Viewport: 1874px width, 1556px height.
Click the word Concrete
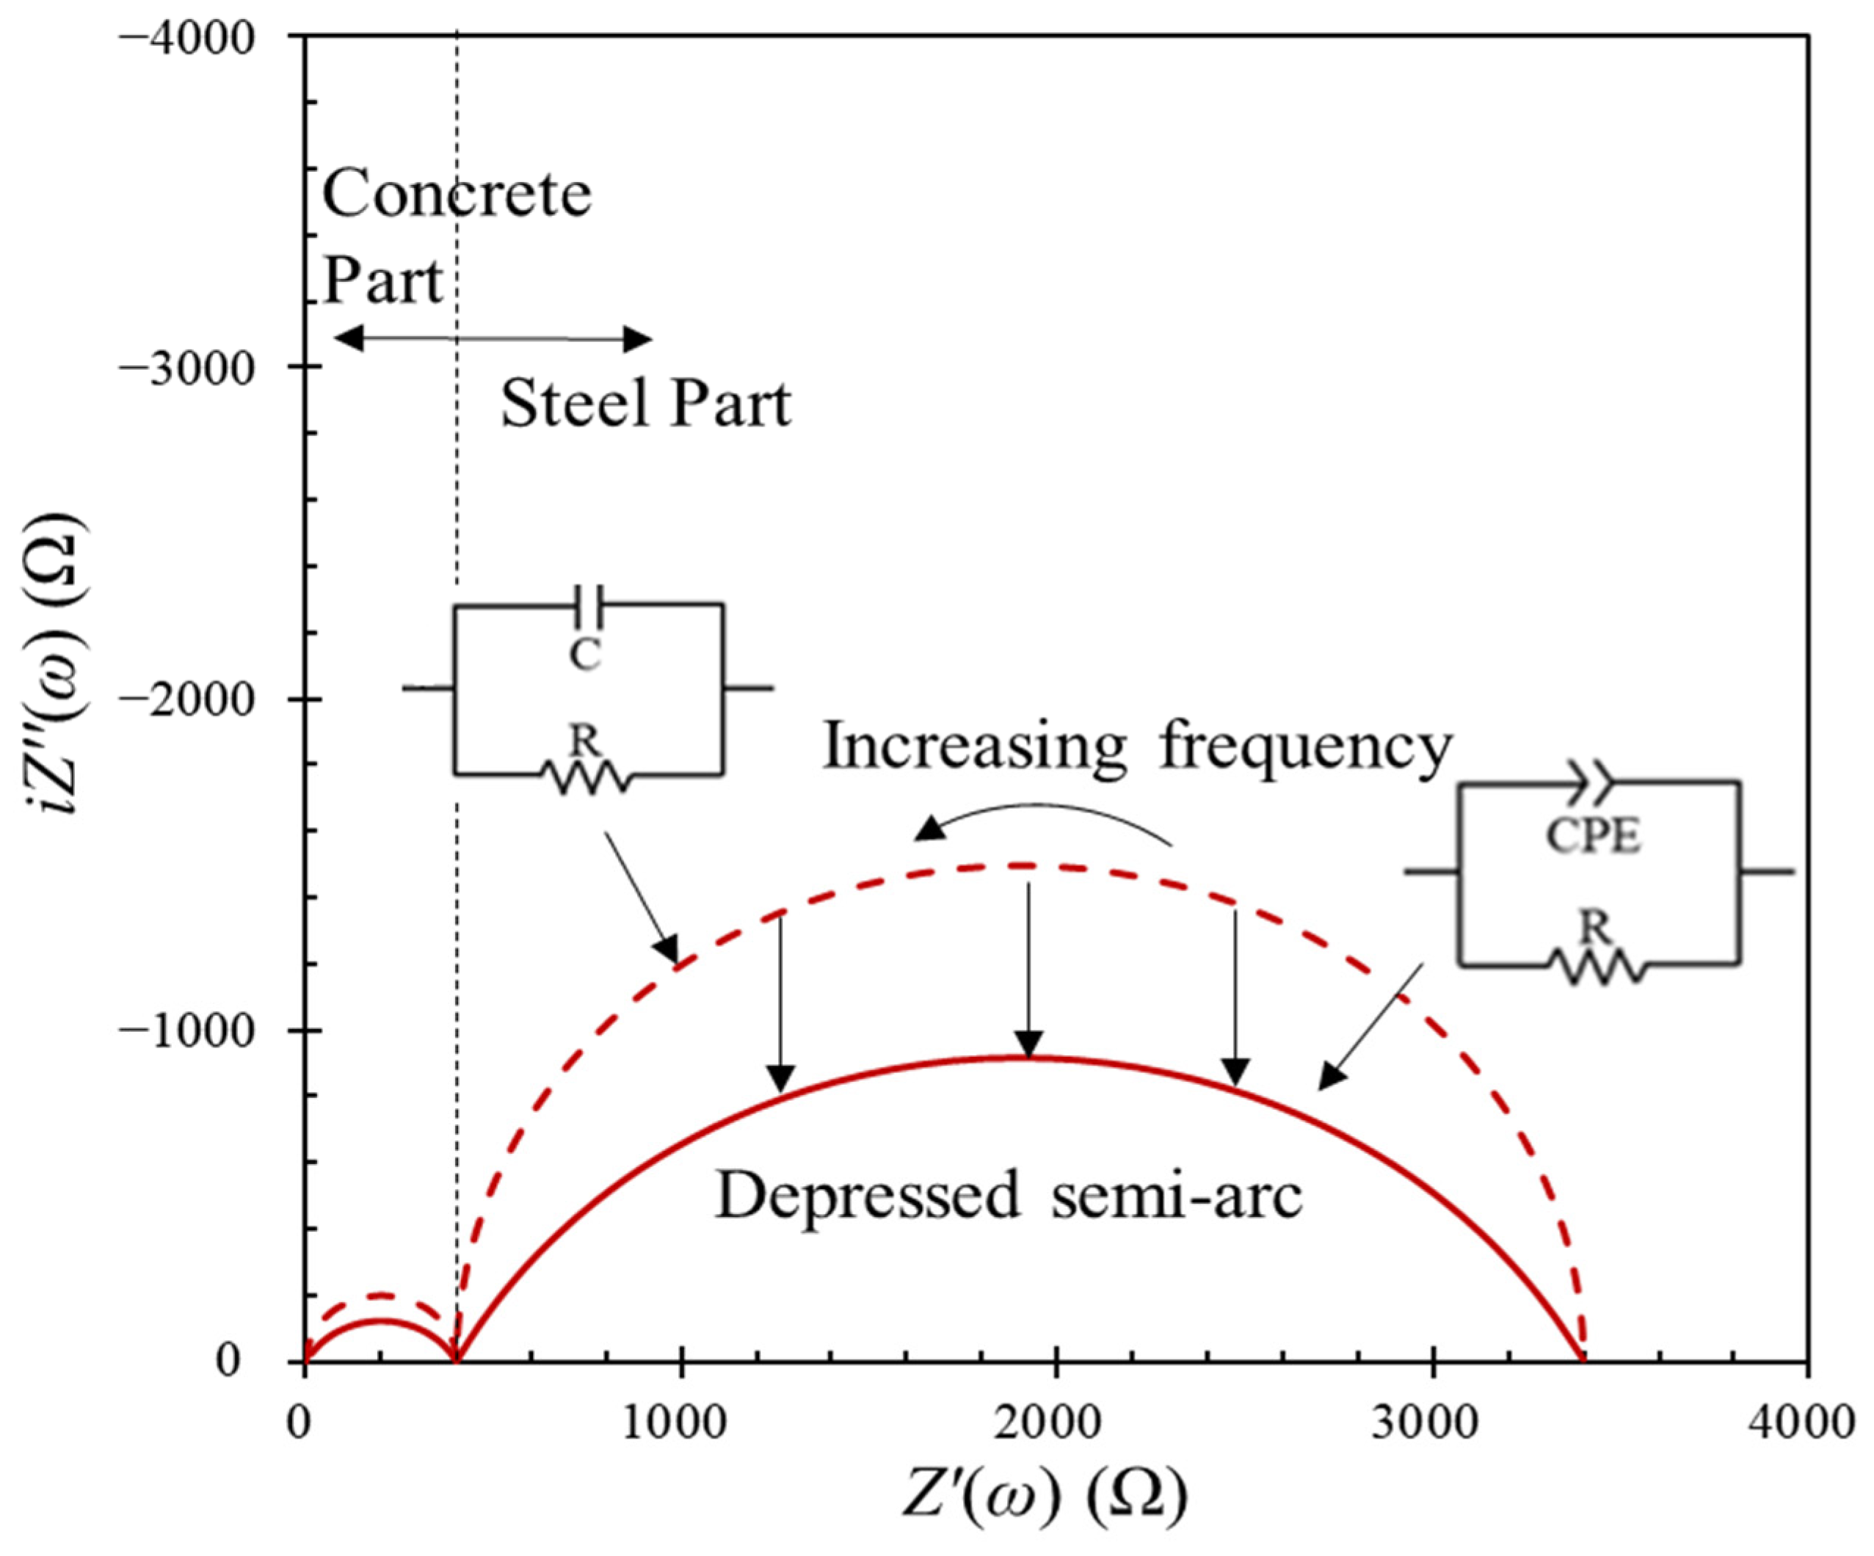(x=456, y=195)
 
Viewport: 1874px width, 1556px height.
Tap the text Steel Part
(x=645, y=404)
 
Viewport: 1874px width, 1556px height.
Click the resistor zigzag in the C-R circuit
(x=586, y=777)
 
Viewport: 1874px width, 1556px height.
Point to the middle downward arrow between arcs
(x=1029, y=968)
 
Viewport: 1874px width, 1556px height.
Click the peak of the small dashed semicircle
(x=380, y=1295)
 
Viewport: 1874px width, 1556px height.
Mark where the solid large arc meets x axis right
(x=1582, y=1361)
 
